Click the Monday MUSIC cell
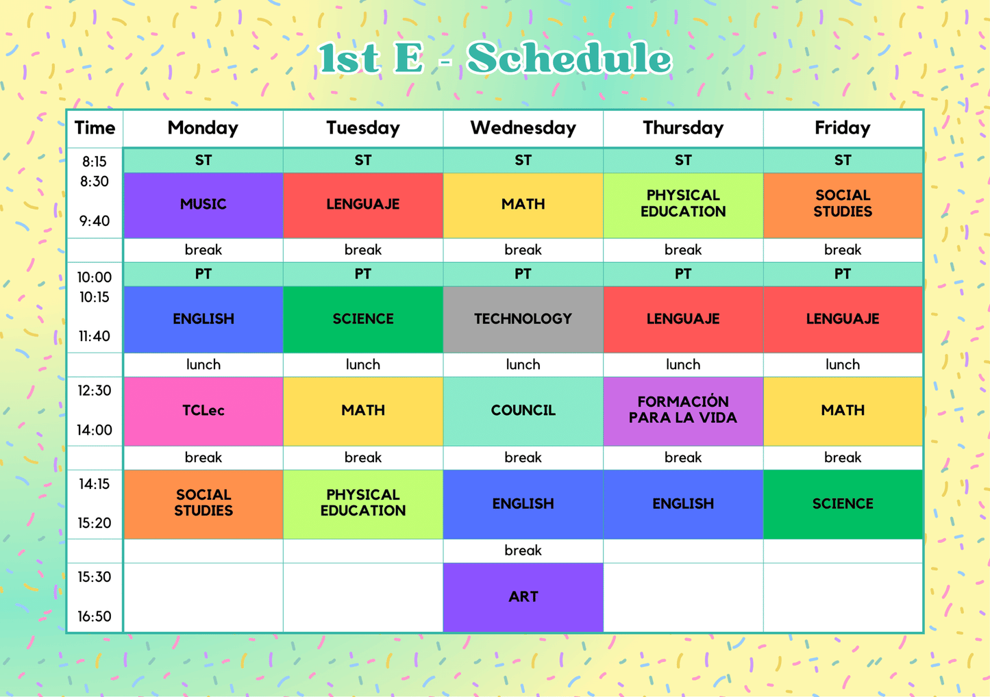pyautogui.click(x=203, y=205)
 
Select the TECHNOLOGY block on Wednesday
pyautogui.click(x=523, y=319)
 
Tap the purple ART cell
pyautogui.click(x=523, y=597)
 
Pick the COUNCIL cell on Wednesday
pyautogui.click(x=523, y=411)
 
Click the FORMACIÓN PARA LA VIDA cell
pyautogui.click(x=683, y=411)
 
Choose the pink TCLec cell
pyautogui.click(x=203, y=411)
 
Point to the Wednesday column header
pyautogui.click(x=523, y=128)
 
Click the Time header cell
pyautogui.click(x=95, y=128)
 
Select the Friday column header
pyautogui.click(x=843, y=128)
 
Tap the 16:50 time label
pyautogui.click(x=95, y=616)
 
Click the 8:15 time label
pyautogui.click(x=95, y=162)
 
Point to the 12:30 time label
pyautogui.click(x=95, y=390)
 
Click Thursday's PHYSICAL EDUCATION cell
pyautogui.click(x=683, y=204)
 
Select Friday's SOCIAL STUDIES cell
pyautogui.click(x=843, y=204)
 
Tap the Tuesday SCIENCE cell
pyautogui.click(x=363, y=319)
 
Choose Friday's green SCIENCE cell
pyautogui.click(x=843, y=504)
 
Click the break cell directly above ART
pyautogui.click(x=523, y=550)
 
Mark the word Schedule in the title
pyautogui.click(x=569, y=59)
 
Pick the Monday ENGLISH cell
pyautogui.click(x=203, y=319)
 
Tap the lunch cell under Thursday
pyautogui.click(x=683, y=365)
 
